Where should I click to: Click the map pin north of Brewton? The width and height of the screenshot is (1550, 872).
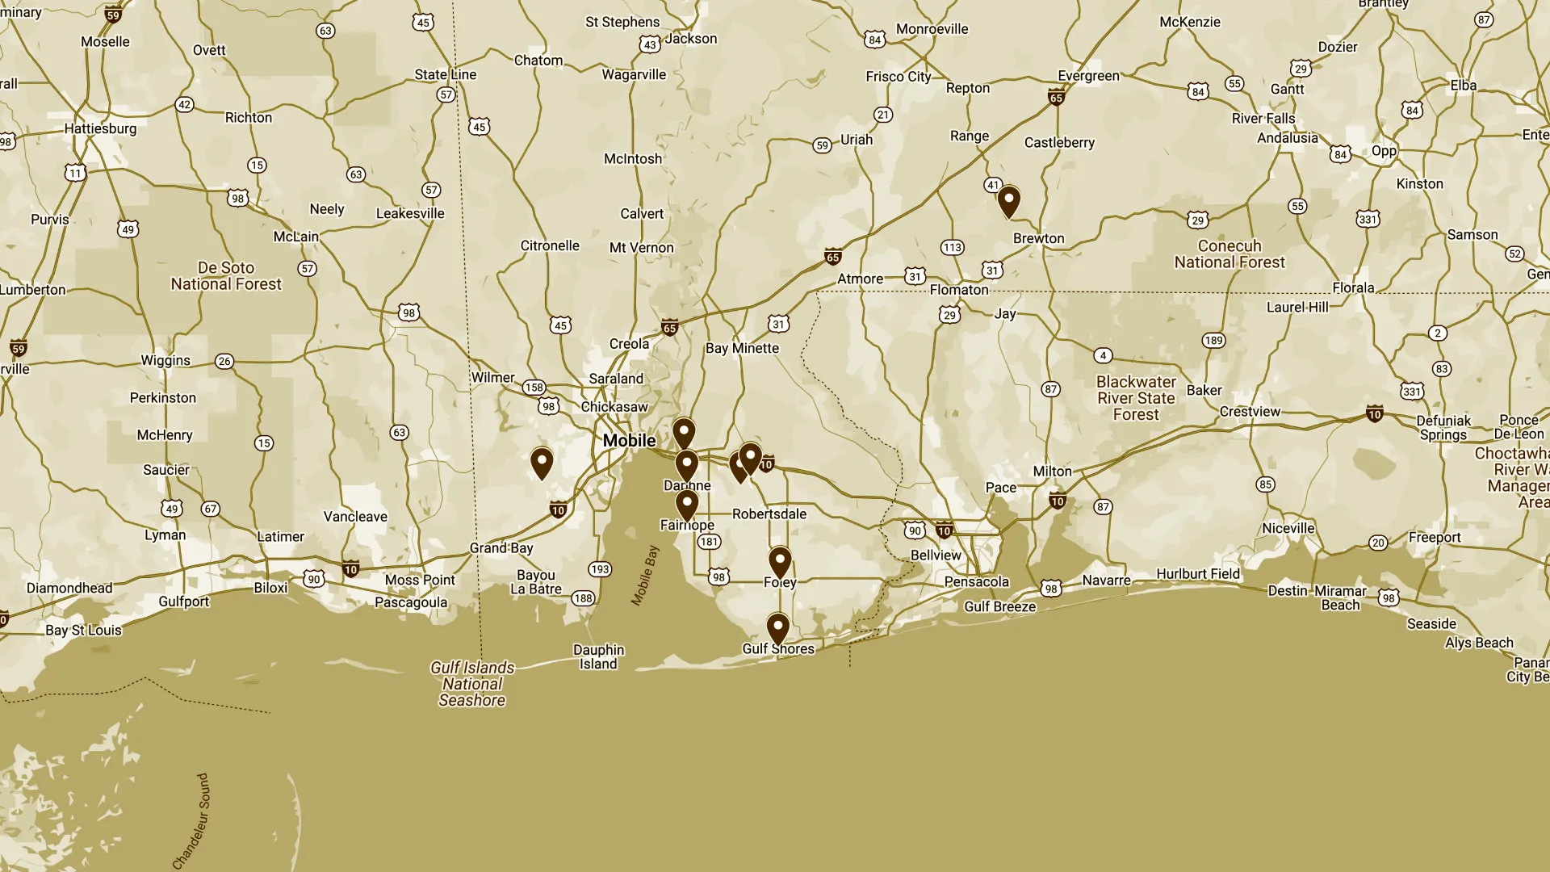pos(1008,199)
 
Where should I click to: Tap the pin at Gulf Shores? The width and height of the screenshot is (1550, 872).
pos(777,627)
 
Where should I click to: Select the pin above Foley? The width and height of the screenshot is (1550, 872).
pos(779,560)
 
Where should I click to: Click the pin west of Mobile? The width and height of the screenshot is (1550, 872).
pos(542,462)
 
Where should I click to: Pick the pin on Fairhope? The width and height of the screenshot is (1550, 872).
pos(686,505)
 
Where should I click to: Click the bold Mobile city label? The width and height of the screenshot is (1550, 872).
pos(629,440)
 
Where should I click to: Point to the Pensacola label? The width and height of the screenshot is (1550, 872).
pos(976,581)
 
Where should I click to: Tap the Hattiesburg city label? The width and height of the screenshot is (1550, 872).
pos(100,128)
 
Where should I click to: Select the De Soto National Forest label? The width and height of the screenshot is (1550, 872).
pos(226,275)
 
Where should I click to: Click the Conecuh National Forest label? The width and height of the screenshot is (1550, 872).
pos(1229,254)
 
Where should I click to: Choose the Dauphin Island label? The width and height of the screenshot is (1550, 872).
pos(598,656)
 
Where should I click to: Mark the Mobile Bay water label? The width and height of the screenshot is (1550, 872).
pos(644,575)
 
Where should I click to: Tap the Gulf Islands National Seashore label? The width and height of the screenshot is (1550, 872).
pos(472,683)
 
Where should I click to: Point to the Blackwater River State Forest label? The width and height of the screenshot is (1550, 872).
pos(1136,398)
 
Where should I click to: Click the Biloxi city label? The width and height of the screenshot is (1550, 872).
pos(270,587)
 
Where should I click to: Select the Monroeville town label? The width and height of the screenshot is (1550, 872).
pos(932,29)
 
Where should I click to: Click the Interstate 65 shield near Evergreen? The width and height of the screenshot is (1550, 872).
pos(1056,98)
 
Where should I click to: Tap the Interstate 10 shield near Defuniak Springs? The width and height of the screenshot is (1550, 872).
pos(1374,414)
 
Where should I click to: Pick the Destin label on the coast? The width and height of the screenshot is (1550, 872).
pos(1287,590)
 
